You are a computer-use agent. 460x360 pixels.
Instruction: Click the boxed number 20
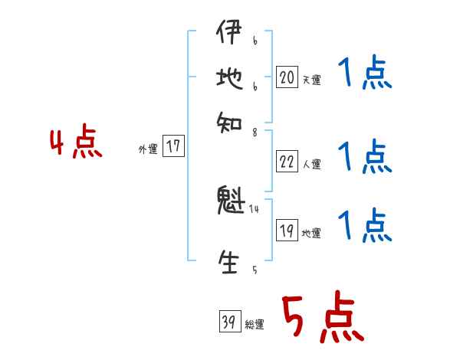tap(287, 77)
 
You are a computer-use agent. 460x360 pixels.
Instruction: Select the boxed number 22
tap(287, 161)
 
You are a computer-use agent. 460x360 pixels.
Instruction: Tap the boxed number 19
tap(287, 231)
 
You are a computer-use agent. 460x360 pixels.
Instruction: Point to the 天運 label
tap(311, 80)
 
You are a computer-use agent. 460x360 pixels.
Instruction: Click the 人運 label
tap(311, 164)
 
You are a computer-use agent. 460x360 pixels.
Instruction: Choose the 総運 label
tap(255, 326)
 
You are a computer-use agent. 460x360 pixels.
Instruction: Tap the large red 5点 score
tap(322, 319)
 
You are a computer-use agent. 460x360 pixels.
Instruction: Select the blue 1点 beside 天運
tap(364, 76)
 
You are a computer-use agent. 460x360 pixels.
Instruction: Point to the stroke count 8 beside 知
tap(254, 133)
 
